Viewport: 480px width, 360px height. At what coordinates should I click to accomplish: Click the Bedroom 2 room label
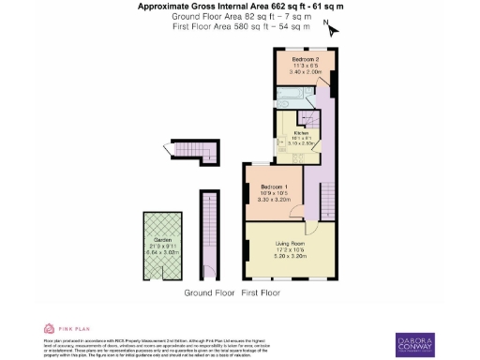[x=297, y=59]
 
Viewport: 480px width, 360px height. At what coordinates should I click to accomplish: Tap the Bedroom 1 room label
[x=274, y=187]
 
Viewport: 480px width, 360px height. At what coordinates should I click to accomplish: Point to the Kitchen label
[x=301, y=134]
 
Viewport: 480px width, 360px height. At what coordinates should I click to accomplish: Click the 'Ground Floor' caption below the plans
[x=208, y=293]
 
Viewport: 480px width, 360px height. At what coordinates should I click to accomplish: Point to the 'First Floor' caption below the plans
[x=262, y=293]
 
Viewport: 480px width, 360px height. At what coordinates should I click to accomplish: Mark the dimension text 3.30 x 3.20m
[x=274, y=200]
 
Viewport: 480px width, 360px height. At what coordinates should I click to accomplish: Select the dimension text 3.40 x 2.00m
[x=297, y=70]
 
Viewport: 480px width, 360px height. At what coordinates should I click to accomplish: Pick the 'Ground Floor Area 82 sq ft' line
[x=240, y=17]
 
